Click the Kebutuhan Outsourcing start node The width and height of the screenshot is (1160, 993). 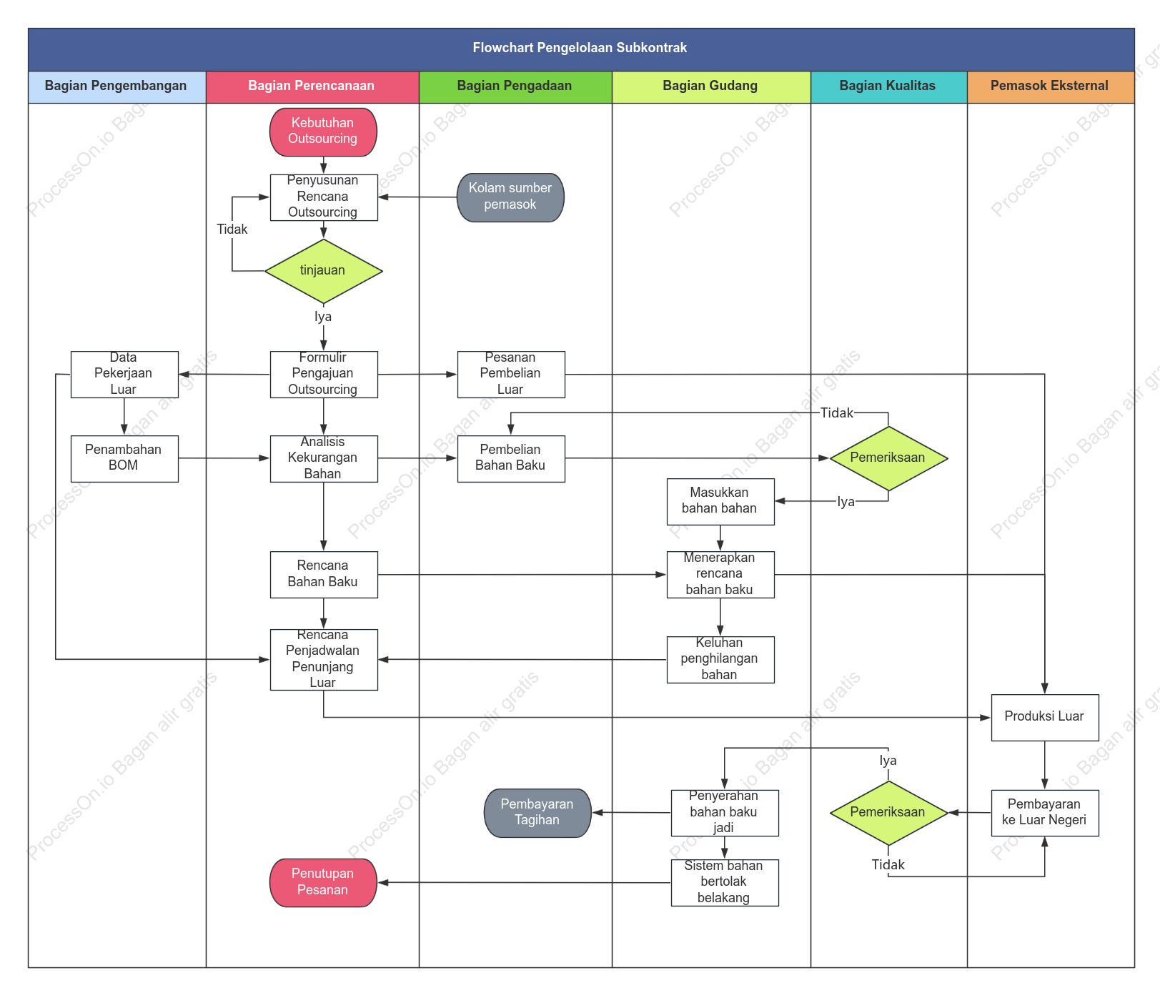pyautogui.click(x=323, y=132)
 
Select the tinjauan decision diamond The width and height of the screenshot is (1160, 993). pyautogui.click(x=324, y=271)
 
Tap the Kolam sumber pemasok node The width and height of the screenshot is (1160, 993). pyautogui.click(x=510, y=197)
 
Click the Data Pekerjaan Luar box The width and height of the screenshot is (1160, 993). pyautogui.click(x=124, y=374)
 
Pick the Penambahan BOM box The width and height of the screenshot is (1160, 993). pyautogui.click(x=124, y=458)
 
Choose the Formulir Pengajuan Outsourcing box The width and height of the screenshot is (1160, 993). pyautogui.click(x=324, y=374)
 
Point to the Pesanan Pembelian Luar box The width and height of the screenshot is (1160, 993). pyautogui.click(x=511, y=374)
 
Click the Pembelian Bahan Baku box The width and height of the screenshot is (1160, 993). pyautogui.click(x=511, y=458)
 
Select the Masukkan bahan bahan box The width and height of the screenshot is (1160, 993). pyautogui.click(x=720, y=501)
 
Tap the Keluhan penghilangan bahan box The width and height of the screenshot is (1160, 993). pyautogui.click(x=720, y=659)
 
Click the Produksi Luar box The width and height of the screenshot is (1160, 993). pyautogui.click(x=1045, y=717)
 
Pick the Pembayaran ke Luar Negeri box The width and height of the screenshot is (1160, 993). pyautogui.click(x=1045, y=813)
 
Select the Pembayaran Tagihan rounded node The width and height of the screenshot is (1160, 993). pyautogui.click(x=537, y=813)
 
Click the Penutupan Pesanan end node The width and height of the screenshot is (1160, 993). pyautogui.click(x=323, y=883)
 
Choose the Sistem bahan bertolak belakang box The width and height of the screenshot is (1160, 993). pyautogui.click(x=725, y=883)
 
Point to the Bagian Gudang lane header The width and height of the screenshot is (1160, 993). pyautogui.click(x=711, y=87)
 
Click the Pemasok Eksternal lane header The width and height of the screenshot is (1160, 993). pyautogui.click(x=1051, y=87)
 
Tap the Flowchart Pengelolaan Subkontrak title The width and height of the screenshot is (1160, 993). pyautogui.click(x=580, y=48)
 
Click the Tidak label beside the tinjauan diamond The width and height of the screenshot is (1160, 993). pyautogui.click(x=232, y=229)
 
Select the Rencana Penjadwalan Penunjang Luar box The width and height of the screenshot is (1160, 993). pyautogui.click(x=324, y=659)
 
